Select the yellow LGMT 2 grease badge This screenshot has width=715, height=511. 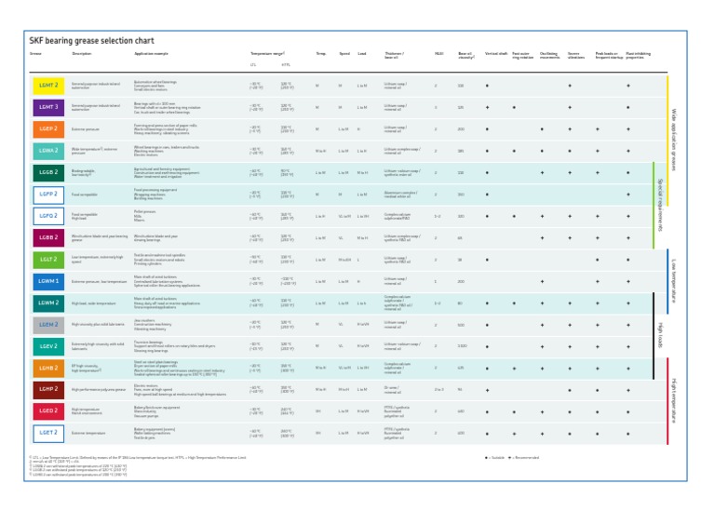[x=48, y=86]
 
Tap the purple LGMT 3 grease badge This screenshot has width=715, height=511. [x=48, y=107]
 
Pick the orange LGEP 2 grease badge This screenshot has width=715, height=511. [x=48, y=129]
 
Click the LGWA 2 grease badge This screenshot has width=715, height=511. [x=48, y=151]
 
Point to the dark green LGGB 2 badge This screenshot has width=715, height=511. [x=48, y=173]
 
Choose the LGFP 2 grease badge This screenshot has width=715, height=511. [x=48, y=195]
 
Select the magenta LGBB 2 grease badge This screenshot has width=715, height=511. [x=48, y=238]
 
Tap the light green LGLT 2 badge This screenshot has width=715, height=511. [x=48, y=260]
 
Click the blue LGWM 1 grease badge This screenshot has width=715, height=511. [x=48, y=281]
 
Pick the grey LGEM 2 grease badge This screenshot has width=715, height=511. [x=48, y=325]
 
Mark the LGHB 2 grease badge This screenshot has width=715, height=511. [x=48, y=369]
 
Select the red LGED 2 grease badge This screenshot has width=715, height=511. [x=48, y=411]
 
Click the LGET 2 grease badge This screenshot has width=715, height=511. [x=48, y=433]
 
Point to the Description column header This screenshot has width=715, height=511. [x=82, y=54]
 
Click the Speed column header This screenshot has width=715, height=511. [x=344, y=54]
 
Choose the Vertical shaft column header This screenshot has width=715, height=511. [x=496, y=54]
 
